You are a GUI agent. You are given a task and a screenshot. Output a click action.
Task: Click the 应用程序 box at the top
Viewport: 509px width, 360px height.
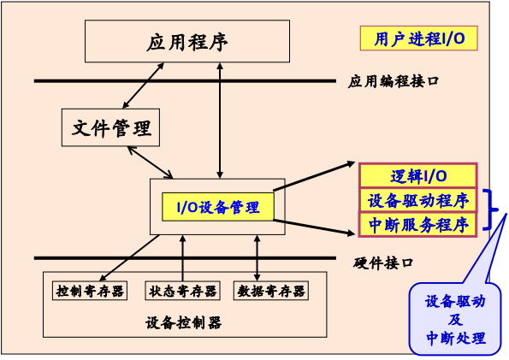click(x=186, y=42)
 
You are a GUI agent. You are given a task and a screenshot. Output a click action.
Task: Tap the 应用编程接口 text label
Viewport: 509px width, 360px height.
click(x=394, y=82)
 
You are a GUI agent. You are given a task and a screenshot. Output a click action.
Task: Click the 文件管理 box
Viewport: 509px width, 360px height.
click(x=112, y=127)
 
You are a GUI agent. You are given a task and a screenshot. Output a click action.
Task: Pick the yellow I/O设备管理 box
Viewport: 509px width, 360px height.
click(x=218, y=206)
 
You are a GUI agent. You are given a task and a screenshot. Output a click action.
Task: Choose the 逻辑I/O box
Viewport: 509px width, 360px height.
click(x=418, y=176)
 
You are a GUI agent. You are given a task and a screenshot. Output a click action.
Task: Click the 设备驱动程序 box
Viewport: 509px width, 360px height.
click(x=418, y=201)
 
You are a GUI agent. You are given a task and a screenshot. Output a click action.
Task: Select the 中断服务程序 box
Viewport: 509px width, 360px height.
click(x=418, y=225)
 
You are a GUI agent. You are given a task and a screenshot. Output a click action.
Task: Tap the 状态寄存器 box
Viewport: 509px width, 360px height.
click(x=181, y=291)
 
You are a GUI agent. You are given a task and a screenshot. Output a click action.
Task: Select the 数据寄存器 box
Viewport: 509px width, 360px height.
click(x=271, y=291)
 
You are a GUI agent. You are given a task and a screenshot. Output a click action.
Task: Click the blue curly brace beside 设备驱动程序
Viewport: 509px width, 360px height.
click(x=491, y=211)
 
